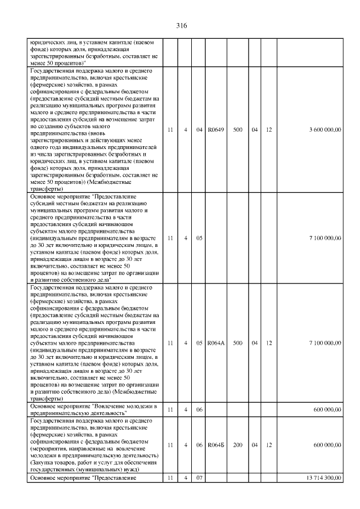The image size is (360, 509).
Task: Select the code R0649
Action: click(x=216, y=130)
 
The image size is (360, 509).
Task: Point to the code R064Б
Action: click(x=216, y=445)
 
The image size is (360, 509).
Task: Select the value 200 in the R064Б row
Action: click(x=237, y=445)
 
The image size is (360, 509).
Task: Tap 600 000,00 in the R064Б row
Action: click(x=327, y=445)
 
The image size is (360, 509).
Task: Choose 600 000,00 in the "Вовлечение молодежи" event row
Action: click(x=327, y=409)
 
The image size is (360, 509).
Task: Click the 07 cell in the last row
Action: click(x=199, y=478)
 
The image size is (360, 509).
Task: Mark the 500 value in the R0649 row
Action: click(x=237, y=130)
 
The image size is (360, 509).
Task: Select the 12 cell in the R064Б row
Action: click(x=269, y=445)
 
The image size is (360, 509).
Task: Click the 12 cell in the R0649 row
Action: click(x=269, y=130)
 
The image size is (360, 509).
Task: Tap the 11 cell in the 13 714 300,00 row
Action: click(x=169, y=478)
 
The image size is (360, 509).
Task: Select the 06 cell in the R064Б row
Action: click(x=199, y=445)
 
